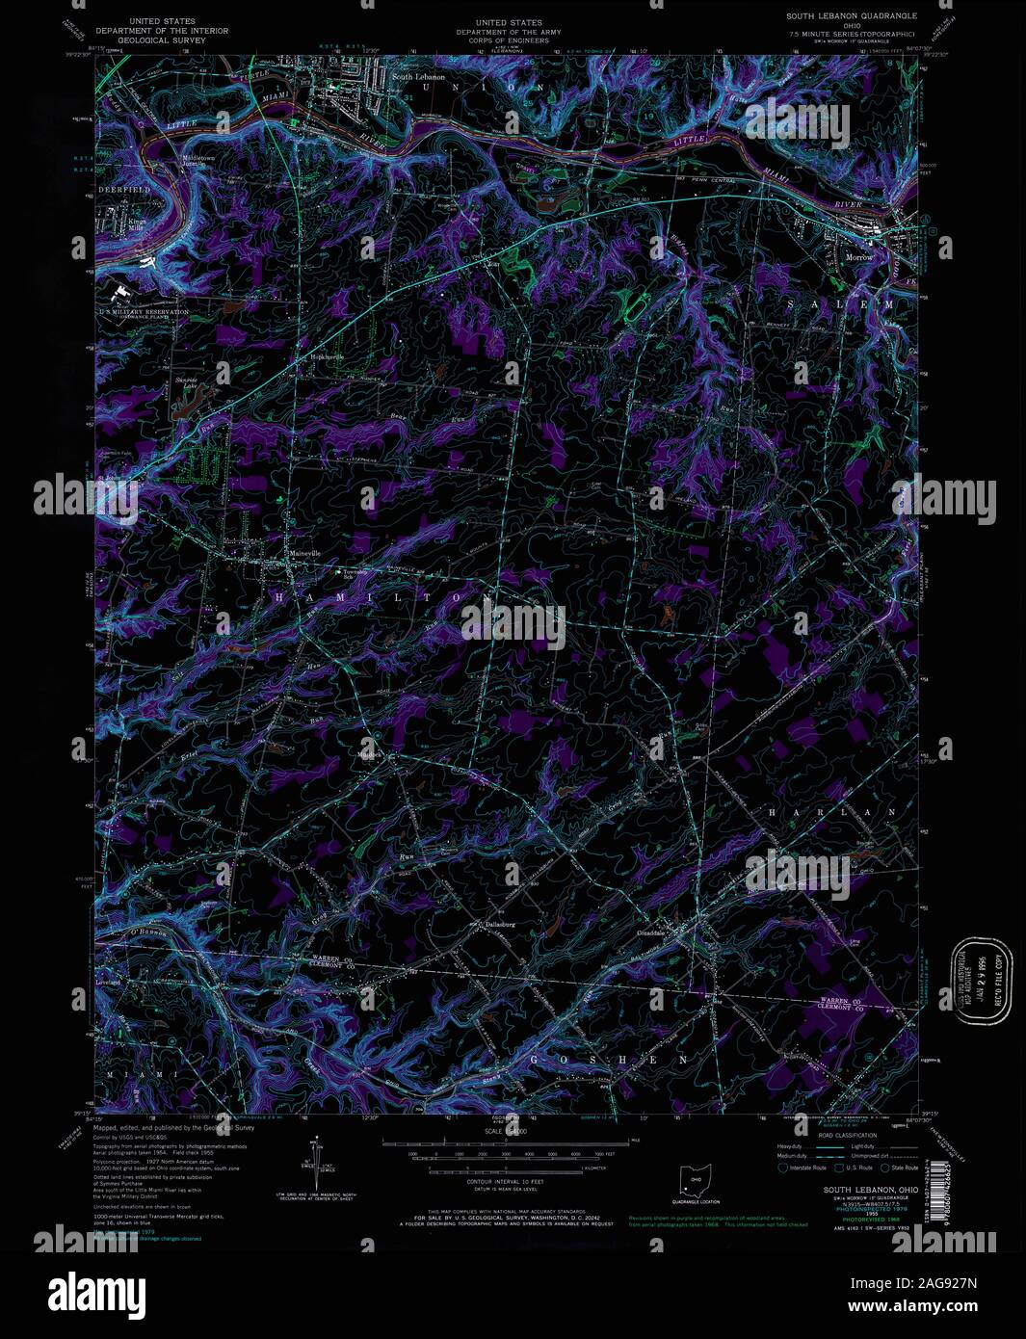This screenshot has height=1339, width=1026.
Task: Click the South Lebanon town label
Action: click(x=418, y=76)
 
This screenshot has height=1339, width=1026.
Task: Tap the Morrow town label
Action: click(x=858, y=258)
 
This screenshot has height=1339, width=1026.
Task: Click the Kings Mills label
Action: click(x=116, y=226)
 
